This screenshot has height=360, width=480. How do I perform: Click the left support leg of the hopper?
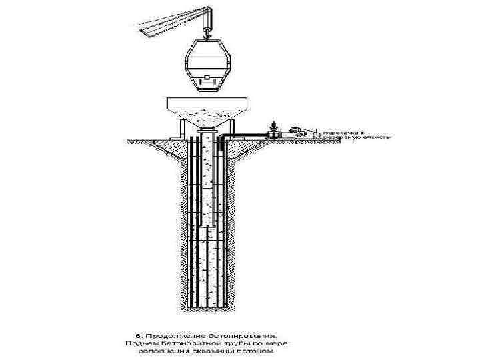coord(180,129)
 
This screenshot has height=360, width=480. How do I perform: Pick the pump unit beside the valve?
coord(301,132)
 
